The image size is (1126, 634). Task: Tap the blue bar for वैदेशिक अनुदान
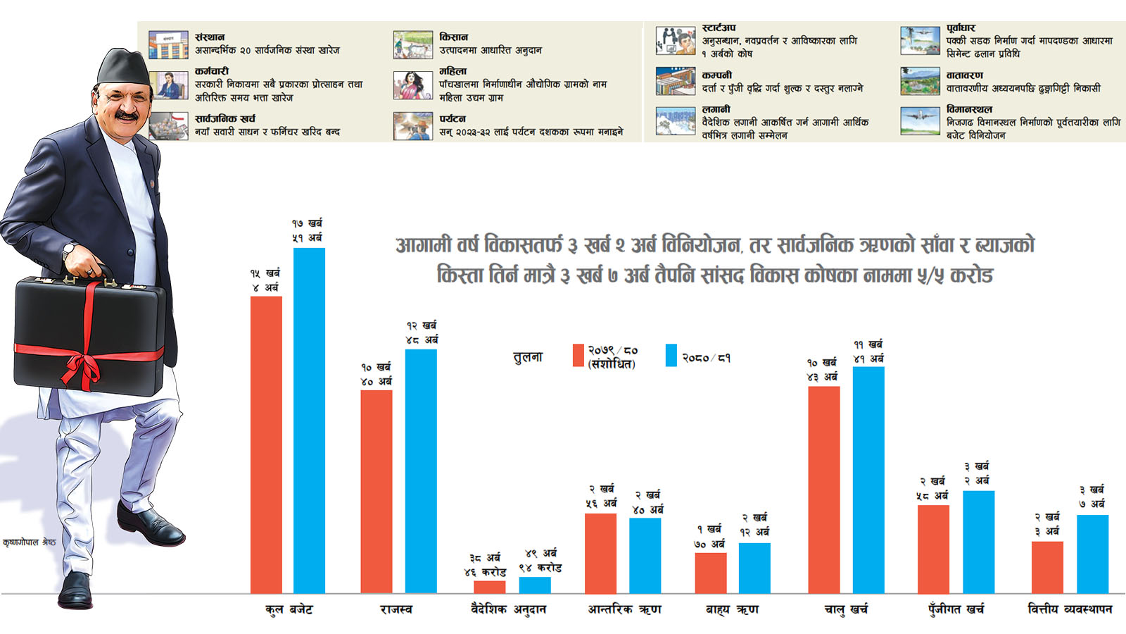pyautogui.click(x=535, y=585)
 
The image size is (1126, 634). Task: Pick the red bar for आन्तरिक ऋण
pyautogui.click(x=600, y=553)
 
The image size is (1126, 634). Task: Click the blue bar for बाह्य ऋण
pyautogui.click(x=754, y=568)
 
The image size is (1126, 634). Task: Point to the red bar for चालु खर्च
pyautogui.click(x=824, y=490)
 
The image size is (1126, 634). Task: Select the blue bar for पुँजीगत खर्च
pyautogui.click(x=978, y=542)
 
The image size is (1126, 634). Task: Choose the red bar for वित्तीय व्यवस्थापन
pyautogui.click(x=1047, y=567)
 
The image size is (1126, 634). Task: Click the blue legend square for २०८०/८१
pyautogui.click(x=671, y=355)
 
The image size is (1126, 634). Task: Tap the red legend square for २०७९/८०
pyautogui.click(x=578, y=355)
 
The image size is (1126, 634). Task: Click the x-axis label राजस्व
pyautogui.click(x=396, y=609)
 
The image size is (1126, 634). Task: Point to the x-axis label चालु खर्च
pyautogui.click(x=846, y=609)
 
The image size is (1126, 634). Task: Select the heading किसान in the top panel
pyautogui.click(x=454, y=37)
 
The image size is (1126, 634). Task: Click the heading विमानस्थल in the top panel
pyautogui.click(x=969, y=109)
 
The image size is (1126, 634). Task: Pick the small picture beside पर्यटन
pyautogui.click(x=412, y=126)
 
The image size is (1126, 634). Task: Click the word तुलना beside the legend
pyautogui.click(x=528, y=357)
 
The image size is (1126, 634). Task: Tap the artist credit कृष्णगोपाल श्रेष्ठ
pyautogui.click(x=29, y=542)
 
